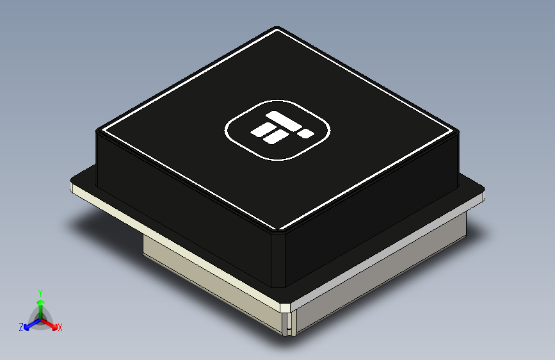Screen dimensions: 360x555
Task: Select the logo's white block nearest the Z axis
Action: click(x=262, y=130)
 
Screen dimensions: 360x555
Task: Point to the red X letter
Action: click(x=60, y=327)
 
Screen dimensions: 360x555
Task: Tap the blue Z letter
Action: click(x=21, y=327)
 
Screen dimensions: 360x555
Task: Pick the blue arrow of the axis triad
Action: click(x=29, y=325)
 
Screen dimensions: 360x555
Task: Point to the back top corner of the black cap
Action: click(x=277, y=29)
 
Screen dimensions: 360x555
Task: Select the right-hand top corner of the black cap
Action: click(x=457, y=130)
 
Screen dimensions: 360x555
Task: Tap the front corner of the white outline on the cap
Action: click(x=280, y=229)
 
